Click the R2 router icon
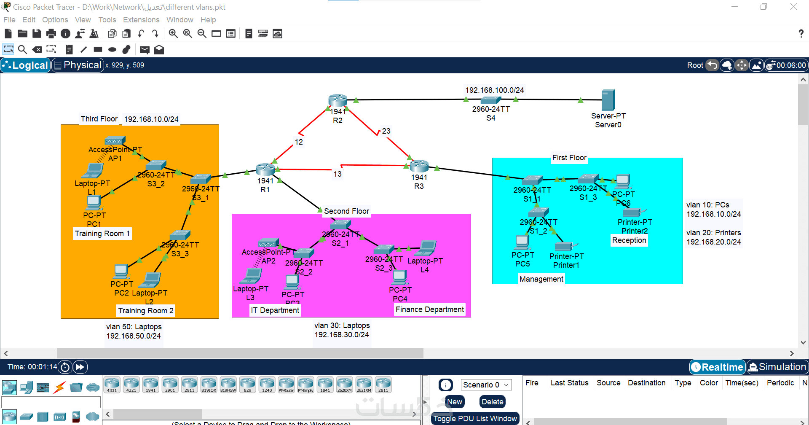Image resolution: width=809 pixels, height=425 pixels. point(338,100)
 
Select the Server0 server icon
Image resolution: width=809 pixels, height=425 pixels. point(608,100)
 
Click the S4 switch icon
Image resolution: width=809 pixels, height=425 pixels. point(490,100)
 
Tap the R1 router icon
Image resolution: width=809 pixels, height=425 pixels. point(265,169)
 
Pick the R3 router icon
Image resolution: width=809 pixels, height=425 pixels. point(419,166)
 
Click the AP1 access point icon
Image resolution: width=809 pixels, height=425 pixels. point(115,141)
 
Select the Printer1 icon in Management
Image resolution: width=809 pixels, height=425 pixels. point(565,246)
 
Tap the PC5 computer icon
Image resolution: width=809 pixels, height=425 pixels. point(522,242)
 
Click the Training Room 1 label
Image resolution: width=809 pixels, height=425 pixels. point(102,234)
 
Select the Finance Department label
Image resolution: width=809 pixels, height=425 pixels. point(429,309)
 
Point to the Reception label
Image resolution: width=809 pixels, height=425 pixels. point(629,240)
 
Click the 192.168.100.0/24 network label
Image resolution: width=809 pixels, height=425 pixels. point(495,90)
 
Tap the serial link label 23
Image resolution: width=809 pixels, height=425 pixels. point(386,131)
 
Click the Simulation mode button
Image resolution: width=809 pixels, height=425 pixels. point(778,367)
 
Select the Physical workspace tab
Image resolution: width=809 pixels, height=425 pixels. point(78,65)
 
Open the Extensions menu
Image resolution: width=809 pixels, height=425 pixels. point(141,20)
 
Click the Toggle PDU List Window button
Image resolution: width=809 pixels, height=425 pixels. point(475,419)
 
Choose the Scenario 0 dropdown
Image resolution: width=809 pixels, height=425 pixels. point(486,385)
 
